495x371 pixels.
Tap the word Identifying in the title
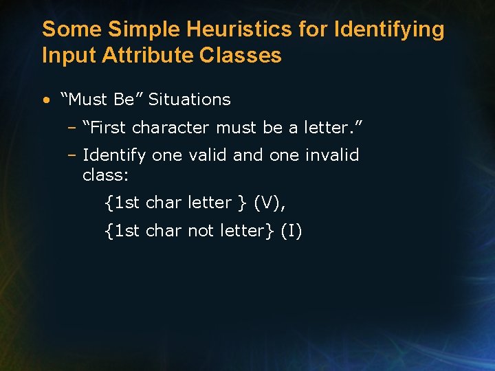tap(388, 30)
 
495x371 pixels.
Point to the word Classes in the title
tap(241, 55)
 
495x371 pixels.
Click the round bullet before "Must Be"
tap(45, 100)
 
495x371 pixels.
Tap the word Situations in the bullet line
tap(190, 100)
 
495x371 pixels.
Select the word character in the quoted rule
tap(172, 128)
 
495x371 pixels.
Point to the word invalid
tap(332, 155)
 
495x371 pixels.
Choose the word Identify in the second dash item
tap(114, 156)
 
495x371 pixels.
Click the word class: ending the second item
tap(105, 175)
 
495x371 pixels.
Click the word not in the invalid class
tap(201, 231)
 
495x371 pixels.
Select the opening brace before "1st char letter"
tap(109, 203)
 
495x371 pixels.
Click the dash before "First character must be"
tap(71, 128)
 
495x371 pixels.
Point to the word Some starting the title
tap(65, 30)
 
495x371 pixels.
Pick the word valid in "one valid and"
tap(207, 155)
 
